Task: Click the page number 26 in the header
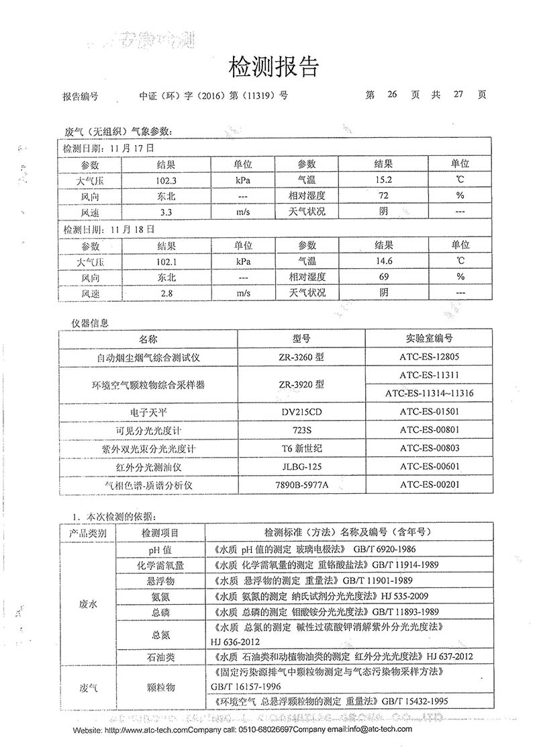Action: pos(393,95)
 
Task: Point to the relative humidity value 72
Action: pos(383,196)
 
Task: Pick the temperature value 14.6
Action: pos(383,260)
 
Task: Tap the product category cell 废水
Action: pos(88,604)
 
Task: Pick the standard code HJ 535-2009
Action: pos(399,596)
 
